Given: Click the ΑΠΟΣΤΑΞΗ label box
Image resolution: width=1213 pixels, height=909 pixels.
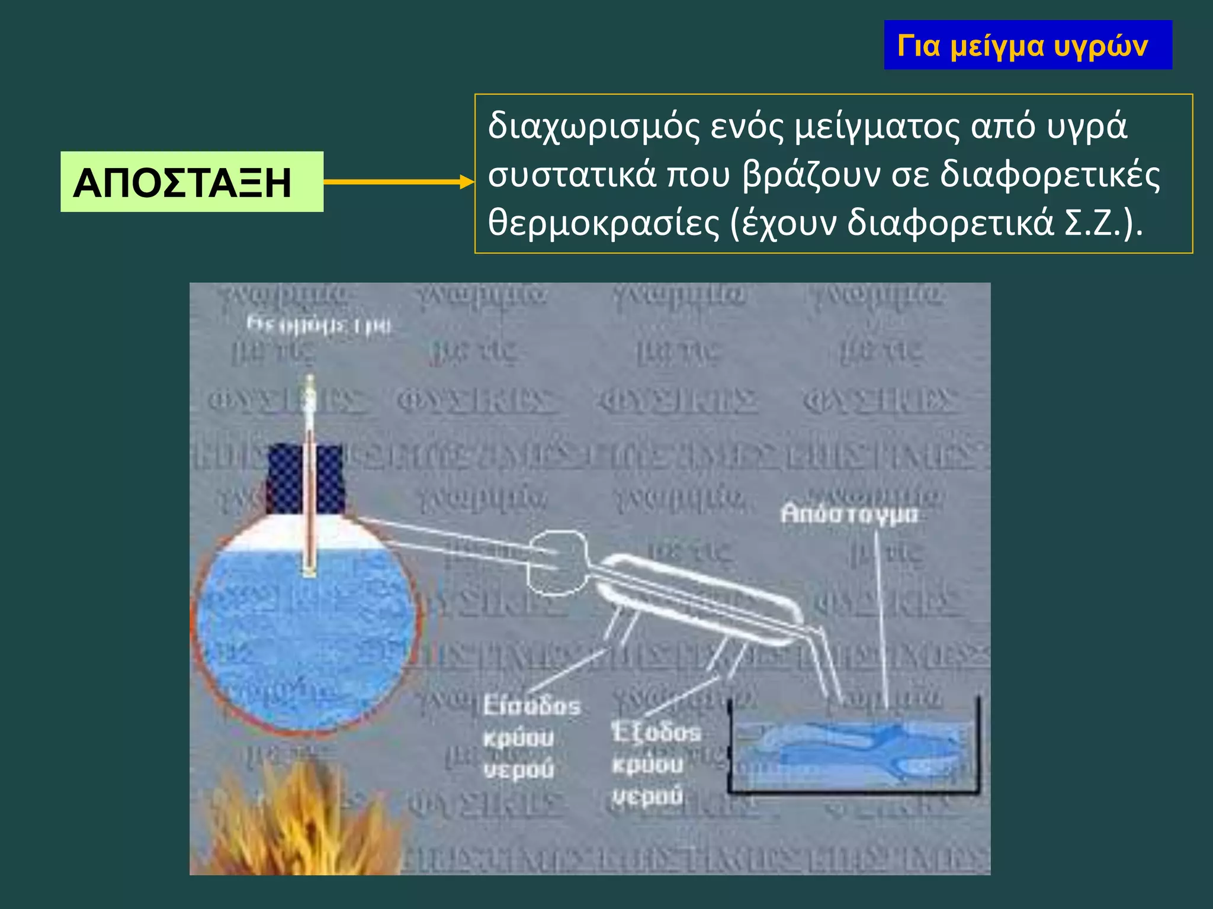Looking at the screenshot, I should (x=191, y=182).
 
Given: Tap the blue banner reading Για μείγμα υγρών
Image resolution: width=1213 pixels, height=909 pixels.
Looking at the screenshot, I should (x=1028, y=45).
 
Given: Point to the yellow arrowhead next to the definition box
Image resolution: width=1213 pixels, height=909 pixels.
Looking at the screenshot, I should (x=467, y=182).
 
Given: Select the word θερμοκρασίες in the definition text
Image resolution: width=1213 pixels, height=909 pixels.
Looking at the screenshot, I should (x=603, y=223).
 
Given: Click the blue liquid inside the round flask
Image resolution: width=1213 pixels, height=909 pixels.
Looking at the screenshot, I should (x=305, y=633).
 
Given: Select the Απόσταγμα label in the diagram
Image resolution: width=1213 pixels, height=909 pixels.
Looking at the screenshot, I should (x=849, y=514).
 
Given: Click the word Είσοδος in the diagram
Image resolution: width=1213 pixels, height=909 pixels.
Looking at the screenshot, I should (x=531, y=706).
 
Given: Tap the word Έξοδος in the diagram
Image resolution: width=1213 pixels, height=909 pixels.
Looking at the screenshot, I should (x=656, y=733).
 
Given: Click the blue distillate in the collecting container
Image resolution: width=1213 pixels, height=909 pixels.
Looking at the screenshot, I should (x=853, y=752).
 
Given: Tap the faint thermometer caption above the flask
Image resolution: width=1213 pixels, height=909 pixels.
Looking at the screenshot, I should (x=319, y=325).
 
